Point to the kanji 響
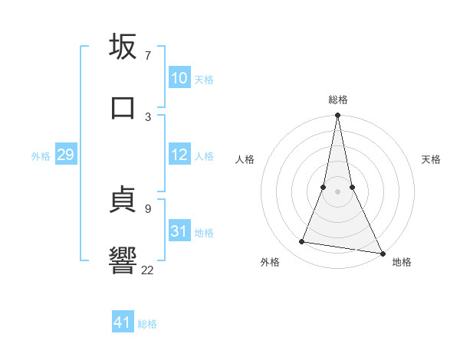pyautogui.click(x=123, y=260)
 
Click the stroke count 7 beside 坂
pyautogui.click(x=148, y=56)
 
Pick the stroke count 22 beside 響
pyautogui.click(x=148, y=269)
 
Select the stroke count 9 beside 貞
pyautogui.click(x=148, y=208)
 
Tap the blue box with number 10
pyautogui.click(x=179, y=78)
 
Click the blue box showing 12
pyautogui.click(x=179, y=155)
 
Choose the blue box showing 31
pyautogui.click(x=179, y=231)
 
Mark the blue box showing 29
pyautogui.click(x=65, y=155)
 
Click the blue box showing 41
pyautogui.click(x=123, y=322)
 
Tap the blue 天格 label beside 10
pyautogui.click(x=204, y=80)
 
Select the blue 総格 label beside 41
pyautogui.click(x=147, y=324)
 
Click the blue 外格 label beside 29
pyautogui.click(x=41, y=156)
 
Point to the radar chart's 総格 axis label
pyautogui.click(x=338, y=100)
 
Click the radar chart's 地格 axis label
pyautogui.click(x=402, y=262)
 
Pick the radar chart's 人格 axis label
pyautogui.click(x=245, y=159)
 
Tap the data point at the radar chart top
pyautogui.click(x=337, y=116)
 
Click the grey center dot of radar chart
pyautogui.click(x=337, y=191)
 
